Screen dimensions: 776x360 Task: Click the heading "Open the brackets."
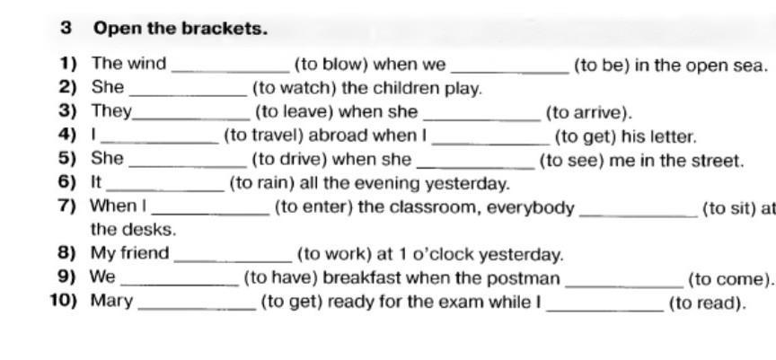[x=181, y=28]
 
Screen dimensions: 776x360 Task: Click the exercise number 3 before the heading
[x=66, y=28]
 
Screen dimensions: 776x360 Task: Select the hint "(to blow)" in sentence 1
[x=331, y=64]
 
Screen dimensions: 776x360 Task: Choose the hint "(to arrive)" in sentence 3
[x=588, y=112]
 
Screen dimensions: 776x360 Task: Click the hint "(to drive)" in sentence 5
[x=288, y=161]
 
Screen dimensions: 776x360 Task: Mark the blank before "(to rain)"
[x=164, y=189]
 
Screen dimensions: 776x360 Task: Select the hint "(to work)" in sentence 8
[x=332, y=254]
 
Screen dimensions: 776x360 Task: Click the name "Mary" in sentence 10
[x=111, y=302]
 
